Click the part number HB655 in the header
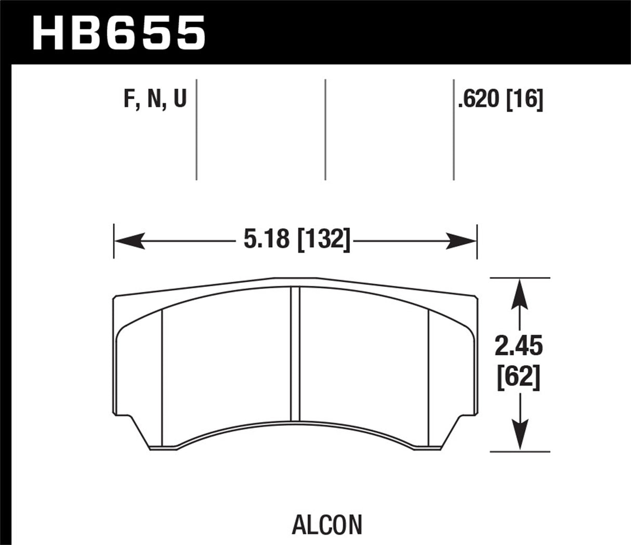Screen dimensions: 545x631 (x=119, y=32)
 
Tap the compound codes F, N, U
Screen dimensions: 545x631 (x=154, y=99)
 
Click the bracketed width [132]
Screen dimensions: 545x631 (x=324, y=241)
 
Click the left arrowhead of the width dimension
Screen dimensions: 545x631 (x=127, y=241)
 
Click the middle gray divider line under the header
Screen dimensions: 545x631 (x=325, y=130)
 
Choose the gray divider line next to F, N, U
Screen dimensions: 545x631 (x=196, y=130)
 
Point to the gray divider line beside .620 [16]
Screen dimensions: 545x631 (x=454, y=130)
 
